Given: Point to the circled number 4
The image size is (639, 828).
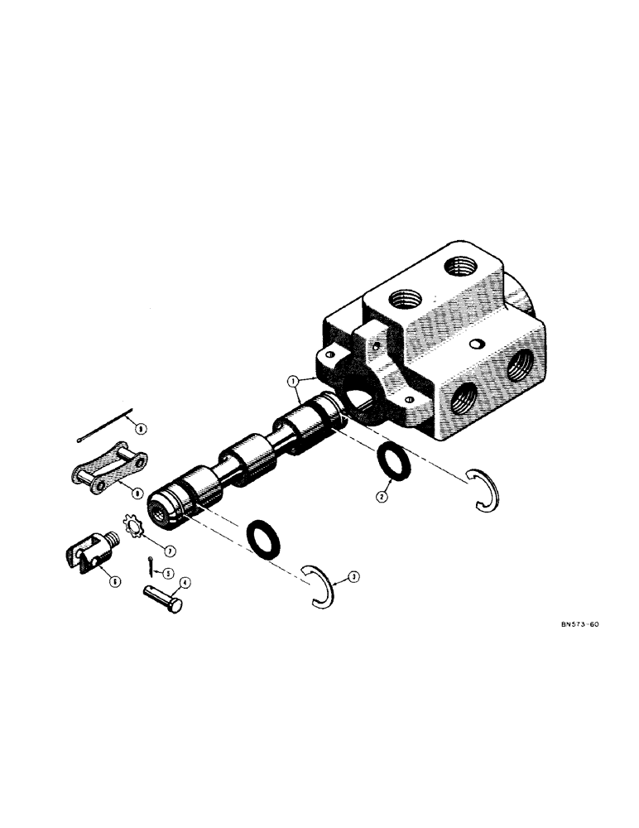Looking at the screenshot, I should [x=185, y=583].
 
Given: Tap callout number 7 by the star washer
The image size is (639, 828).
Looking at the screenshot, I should [x=171, y=549].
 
